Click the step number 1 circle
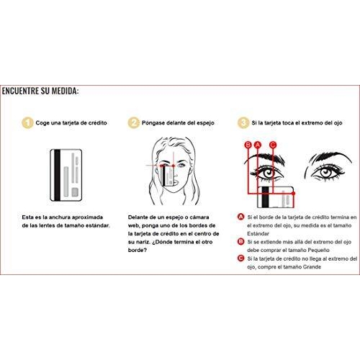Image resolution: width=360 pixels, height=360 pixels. [x=27, y=123]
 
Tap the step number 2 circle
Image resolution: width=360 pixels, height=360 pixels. [x=133, y=123]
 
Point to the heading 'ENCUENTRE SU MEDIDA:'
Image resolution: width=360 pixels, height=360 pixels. [x=40, y=91]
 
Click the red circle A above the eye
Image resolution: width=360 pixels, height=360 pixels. [x=257, y=145]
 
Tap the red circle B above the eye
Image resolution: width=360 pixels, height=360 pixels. [x=247, y=145]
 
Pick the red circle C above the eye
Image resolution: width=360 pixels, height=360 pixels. [x=272, y=145]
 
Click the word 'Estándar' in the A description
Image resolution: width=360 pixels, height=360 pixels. [x=258, y=233]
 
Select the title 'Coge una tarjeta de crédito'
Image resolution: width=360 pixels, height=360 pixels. [x=73, y=123]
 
